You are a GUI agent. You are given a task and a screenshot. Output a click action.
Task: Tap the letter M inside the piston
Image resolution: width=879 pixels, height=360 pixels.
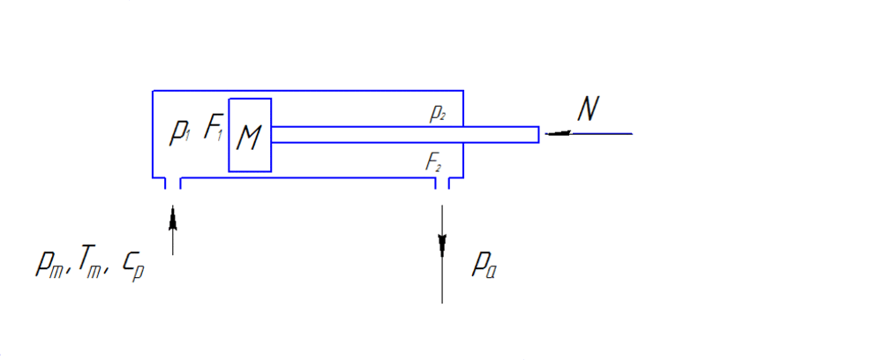pos(249,138)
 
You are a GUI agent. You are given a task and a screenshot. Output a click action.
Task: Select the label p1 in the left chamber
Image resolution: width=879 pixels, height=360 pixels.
pos(181,134)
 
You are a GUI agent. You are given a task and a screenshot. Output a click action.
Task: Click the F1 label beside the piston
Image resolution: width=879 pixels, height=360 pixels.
pos(214,127)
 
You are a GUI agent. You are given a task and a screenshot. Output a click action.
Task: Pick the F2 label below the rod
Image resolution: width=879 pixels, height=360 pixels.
pos(434,163)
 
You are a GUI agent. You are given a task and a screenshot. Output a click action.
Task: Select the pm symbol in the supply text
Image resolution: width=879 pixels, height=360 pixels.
pos(50,264)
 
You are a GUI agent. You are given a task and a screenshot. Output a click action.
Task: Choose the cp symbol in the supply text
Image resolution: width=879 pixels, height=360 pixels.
pos(134,267)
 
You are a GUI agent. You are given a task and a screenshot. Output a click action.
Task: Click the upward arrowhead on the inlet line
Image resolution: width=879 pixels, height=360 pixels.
pos(173,218)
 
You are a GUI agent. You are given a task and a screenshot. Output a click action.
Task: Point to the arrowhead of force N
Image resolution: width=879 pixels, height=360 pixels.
pos(559,133)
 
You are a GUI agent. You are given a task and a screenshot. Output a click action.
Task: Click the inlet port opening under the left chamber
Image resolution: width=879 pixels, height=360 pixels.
pos(173,183)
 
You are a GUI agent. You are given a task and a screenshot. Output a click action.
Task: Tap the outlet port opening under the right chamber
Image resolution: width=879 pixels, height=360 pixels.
pos(442,183)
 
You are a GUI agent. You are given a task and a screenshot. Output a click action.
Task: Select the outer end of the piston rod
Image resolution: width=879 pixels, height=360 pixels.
pos(538,135)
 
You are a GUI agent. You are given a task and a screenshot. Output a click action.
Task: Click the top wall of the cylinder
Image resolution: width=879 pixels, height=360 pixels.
pos(308,90)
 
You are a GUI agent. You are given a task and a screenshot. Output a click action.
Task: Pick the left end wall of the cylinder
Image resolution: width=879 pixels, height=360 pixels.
pos(153,134)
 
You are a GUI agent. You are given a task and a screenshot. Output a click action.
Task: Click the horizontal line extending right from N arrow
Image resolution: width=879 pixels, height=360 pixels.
pos(602,134)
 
